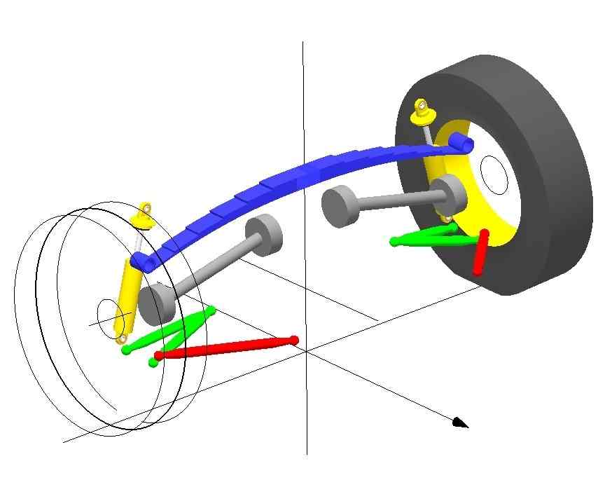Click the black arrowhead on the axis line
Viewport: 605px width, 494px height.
click(459, 422)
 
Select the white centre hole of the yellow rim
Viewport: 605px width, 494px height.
click(494, 175)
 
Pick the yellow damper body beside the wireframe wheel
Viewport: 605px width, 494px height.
click(127, 298)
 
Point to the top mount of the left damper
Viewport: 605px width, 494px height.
click(144, 214)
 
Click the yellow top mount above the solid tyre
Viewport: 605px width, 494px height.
click(422, 111)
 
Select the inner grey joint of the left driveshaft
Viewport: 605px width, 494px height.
click(265, 234)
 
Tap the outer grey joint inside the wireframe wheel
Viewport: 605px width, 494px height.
click(154, 303)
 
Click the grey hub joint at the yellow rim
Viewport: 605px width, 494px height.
click(448, 194)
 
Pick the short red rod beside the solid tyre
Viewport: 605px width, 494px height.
click(480, 253)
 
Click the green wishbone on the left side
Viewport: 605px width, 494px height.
click(175, 333)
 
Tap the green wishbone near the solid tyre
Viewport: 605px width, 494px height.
click(427, 238)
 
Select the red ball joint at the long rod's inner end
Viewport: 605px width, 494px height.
click(294, 341)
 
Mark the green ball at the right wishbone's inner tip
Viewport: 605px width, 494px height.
click(394, 242)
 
